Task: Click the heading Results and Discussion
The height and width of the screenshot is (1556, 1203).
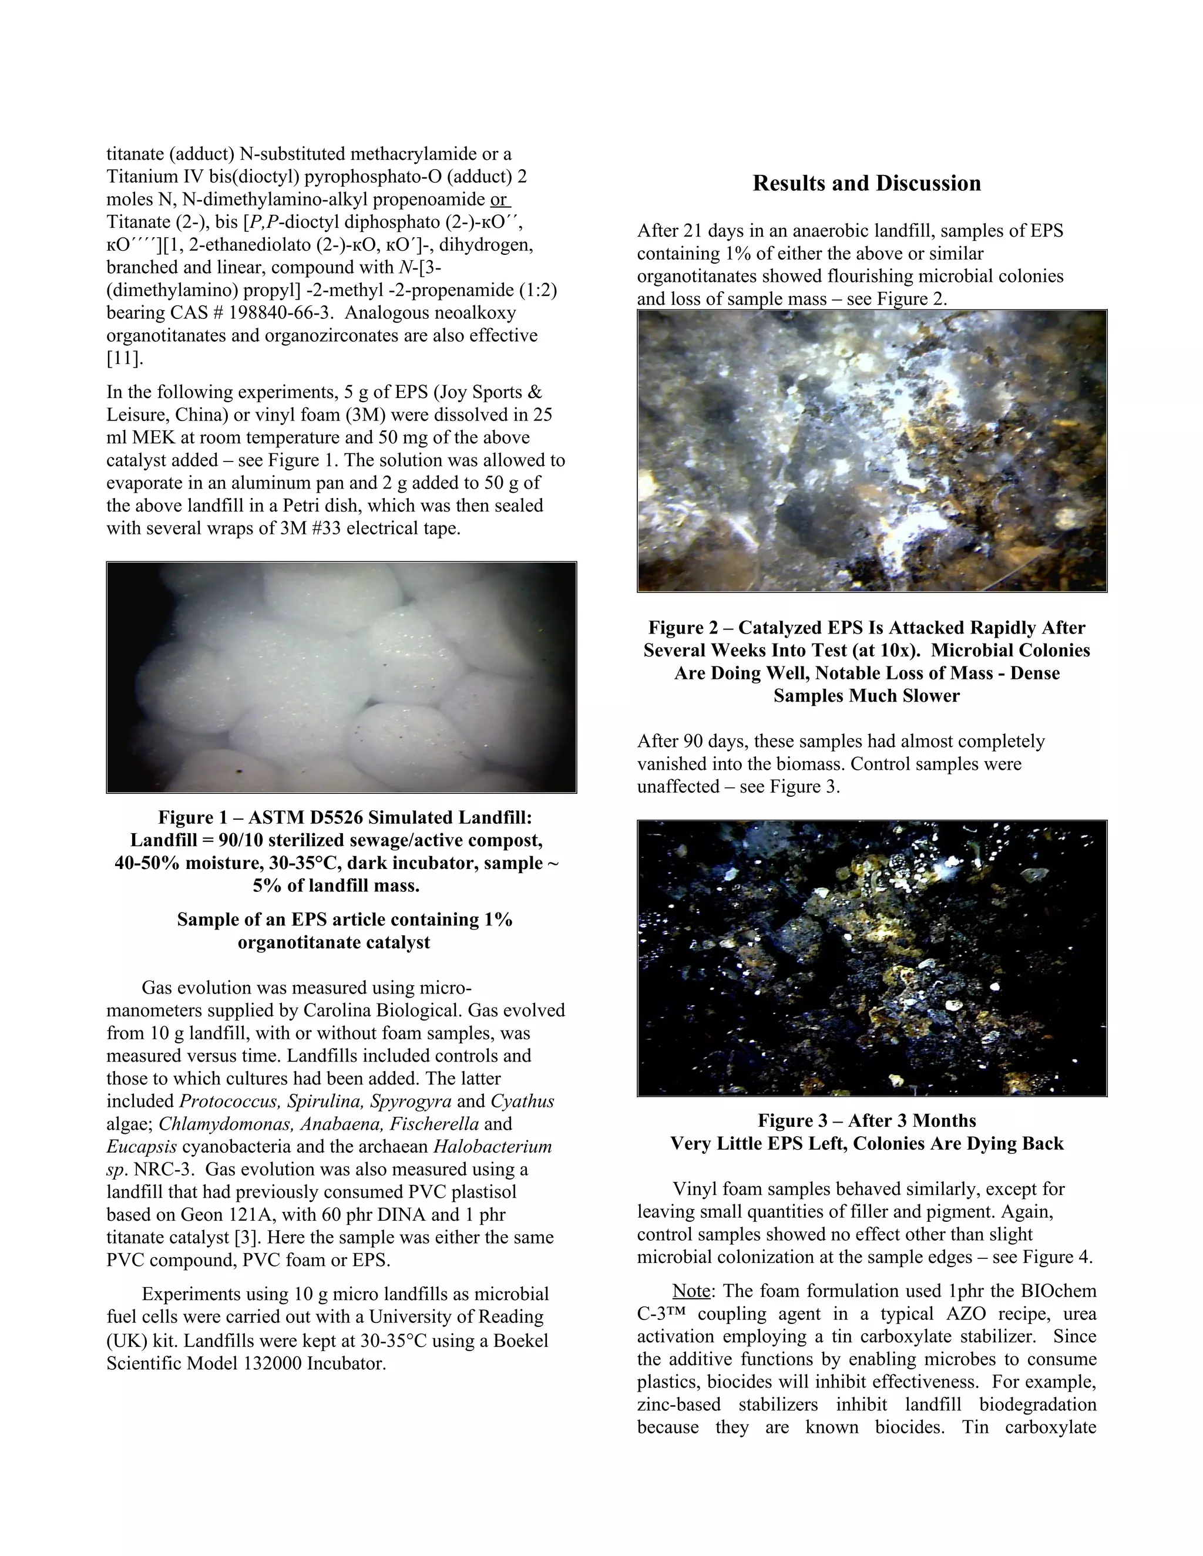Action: (x=866, y=184)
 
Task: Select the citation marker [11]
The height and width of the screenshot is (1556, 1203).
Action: (x=125, y=358)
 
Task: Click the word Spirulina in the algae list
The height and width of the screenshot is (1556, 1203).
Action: (x=325, y=1101)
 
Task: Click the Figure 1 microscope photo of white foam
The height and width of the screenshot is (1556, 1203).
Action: (x=341, y=677)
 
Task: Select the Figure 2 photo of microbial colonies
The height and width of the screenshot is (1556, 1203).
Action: (x=872, y=450)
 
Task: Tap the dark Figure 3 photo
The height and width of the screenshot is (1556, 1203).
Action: (x=872, y=958)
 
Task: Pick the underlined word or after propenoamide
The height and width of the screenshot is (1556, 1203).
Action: (x=499, y=200)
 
